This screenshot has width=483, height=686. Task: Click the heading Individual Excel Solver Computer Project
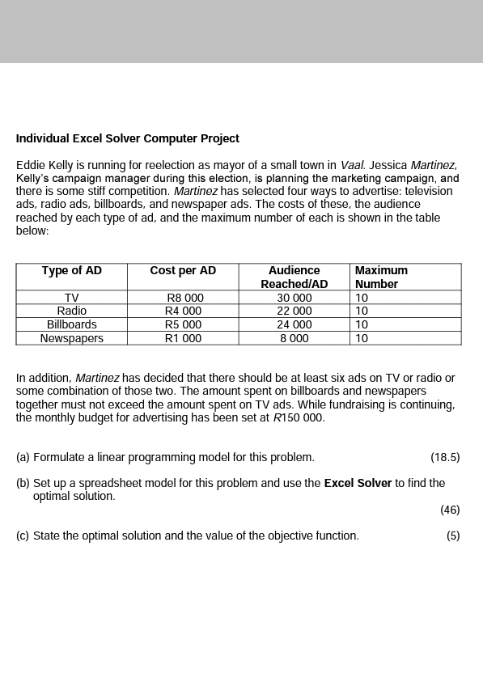click(x=128, y=138)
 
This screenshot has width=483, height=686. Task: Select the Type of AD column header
click(x=72, y=270)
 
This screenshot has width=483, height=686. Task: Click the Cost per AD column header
click(x=183, y=270)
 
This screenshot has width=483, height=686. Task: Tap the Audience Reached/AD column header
click(x=294, y=277)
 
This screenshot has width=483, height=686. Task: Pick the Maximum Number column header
click(x=381, y=277)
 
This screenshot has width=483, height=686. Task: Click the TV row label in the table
click(x=72, y=298)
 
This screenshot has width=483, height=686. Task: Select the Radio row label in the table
click(x=72, y=311)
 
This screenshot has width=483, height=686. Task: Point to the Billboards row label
click(x=72, y=324)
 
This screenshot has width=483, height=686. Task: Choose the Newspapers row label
click(x=72, y=338)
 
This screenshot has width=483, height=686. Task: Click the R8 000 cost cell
click(x=184, y=298)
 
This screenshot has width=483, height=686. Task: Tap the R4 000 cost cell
click(x=183, y=311)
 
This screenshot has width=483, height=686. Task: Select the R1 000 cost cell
click(x=183, y=338)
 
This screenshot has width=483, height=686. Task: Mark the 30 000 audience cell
click(x=294, y=298)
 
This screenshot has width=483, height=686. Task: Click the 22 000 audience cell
click(x=294, y=311)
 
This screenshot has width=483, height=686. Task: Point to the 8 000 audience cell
click(x=294, y=338)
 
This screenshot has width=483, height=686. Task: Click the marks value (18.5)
click(x=445, y=457)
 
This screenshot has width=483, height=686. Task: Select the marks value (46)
click(x=450, y=510)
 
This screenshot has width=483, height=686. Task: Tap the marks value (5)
click(x=453, y=536)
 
